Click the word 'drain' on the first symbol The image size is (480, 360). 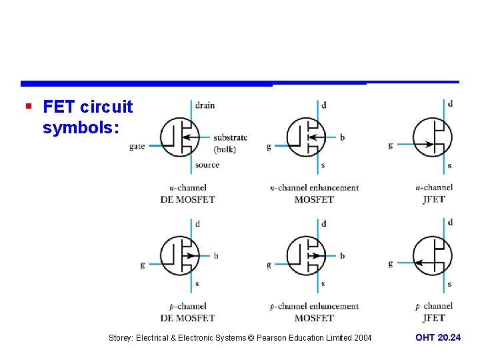(205, 105)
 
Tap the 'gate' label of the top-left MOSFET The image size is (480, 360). (137, 146)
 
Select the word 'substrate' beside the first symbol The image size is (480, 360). (230, 137)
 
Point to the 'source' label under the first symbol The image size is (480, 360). (207, 165)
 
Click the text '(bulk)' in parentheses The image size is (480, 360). (225, 149)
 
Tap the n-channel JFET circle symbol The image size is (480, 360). (433, 137)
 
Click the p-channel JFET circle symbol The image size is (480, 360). (433, 255)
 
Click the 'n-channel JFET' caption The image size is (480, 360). (434, 193)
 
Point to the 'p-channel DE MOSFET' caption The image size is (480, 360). (187, 312)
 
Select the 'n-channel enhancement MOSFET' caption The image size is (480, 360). (314, 193)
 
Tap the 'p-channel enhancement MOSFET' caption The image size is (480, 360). (314, 312)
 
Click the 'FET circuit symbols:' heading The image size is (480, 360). (87, 117)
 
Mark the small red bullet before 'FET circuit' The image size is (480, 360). (27, 106)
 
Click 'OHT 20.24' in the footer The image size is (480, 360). (438, 338)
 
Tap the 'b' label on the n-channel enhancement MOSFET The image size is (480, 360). (342, 137)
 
